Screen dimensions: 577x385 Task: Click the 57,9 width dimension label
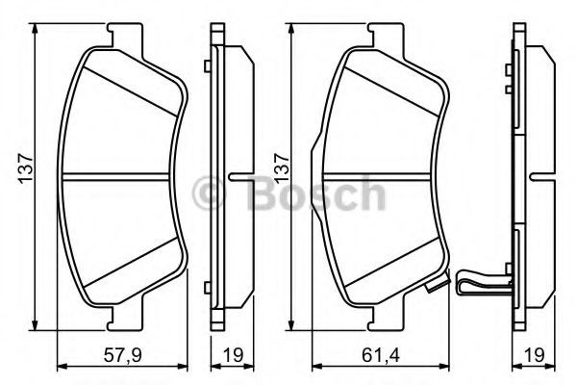click(x=123, y=355)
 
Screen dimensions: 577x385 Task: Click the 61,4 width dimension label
click(x=381, y=355)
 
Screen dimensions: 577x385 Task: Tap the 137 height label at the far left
click(x=26, y=168)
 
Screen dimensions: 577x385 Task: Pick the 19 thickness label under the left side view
click(x=234, y=355)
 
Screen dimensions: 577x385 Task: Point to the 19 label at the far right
click(x=535, y=355)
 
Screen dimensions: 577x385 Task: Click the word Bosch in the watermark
click(x=316, y=193)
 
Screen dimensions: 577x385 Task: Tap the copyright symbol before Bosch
click(x=209, y=193)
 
